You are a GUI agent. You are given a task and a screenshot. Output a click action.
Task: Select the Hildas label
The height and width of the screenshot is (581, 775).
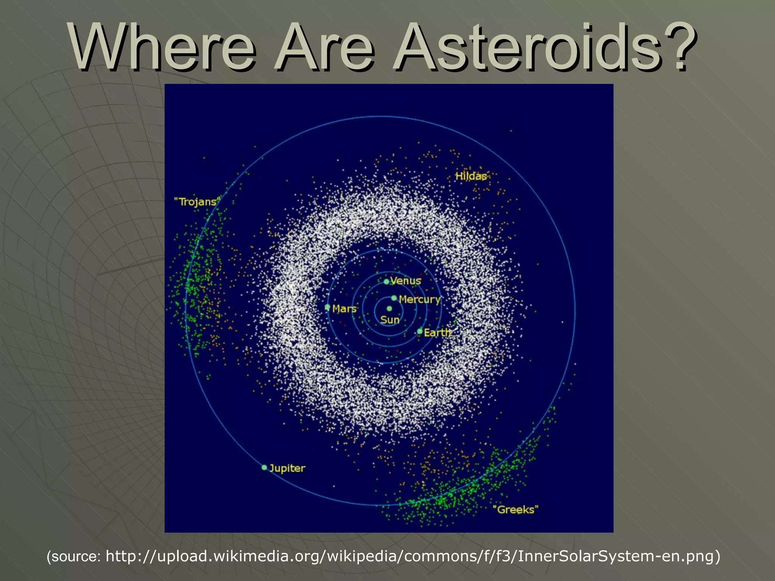[471, 176]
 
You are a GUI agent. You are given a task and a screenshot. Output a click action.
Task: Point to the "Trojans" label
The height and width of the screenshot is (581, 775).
[197, 202]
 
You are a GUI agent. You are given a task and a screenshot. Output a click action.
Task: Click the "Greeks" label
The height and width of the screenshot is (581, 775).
[515, 510]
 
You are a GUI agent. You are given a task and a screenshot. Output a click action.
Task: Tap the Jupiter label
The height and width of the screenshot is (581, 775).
[287, 468]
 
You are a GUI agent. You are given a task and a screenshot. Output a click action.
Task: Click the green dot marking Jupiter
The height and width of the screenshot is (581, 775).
[265, 468]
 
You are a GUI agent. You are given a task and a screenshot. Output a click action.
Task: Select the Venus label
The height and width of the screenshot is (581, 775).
[406, 281]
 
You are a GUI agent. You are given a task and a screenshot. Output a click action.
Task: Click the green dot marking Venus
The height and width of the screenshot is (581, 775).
[386, 281]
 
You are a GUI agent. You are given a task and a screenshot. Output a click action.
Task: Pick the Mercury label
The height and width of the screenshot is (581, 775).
[420, 300]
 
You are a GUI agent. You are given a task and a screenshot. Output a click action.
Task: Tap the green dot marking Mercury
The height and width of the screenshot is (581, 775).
[394, 298]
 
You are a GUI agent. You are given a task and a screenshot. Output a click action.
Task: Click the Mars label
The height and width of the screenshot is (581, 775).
[344, 309]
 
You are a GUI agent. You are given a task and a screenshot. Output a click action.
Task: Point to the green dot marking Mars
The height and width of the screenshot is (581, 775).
[328, 307]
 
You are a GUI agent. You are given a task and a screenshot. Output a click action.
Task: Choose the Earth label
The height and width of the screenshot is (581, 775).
[437, 333]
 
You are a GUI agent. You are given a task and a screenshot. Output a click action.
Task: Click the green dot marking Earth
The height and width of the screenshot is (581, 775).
[420, 331]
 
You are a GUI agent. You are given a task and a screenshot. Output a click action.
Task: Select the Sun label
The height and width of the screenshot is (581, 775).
[390, 320]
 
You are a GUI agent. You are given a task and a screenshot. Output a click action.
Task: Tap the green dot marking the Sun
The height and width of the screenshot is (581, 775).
[389, 309]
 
